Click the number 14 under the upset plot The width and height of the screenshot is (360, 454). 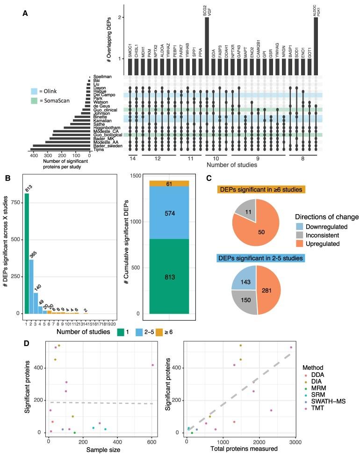(x=132, y=159)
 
